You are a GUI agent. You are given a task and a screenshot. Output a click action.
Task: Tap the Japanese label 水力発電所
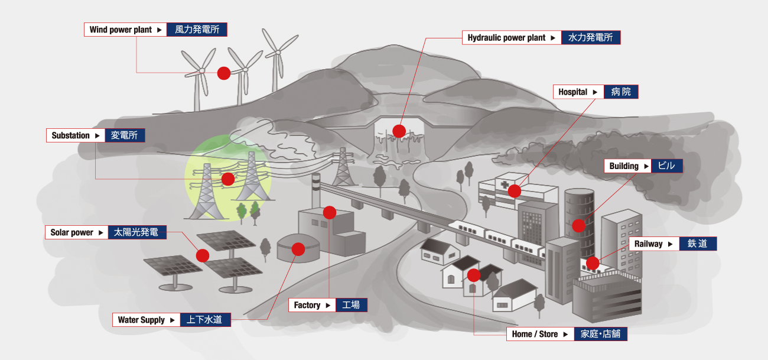tap(591, 37)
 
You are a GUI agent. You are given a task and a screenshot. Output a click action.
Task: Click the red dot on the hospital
tap(515, 191)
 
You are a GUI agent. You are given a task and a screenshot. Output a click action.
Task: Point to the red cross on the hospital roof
tap(505, 184)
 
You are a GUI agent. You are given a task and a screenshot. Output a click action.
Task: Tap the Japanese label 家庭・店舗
tap(601, 334)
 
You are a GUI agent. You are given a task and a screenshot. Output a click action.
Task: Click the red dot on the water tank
tap(298, 249)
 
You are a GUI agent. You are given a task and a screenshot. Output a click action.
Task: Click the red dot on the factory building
tap(330, 213)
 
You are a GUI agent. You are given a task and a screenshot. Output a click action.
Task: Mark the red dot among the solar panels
tap(203, 256)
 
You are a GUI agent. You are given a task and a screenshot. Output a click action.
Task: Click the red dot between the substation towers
tap(228, 179)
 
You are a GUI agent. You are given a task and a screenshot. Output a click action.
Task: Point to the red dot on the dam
tap(399, 131)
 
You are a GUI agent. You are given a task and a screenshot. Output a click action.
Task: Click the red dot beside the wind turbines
tap(224, 73)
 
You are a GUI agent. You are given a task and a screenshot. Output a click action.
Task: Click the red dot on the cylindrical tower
tap(579, 226)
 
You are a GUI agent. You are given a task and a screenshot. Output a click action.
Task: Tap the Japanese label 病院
tap(621, 92)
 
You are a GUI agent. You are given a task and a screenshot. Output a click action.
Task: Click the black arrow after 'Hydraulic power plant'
tap(553, 38)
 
